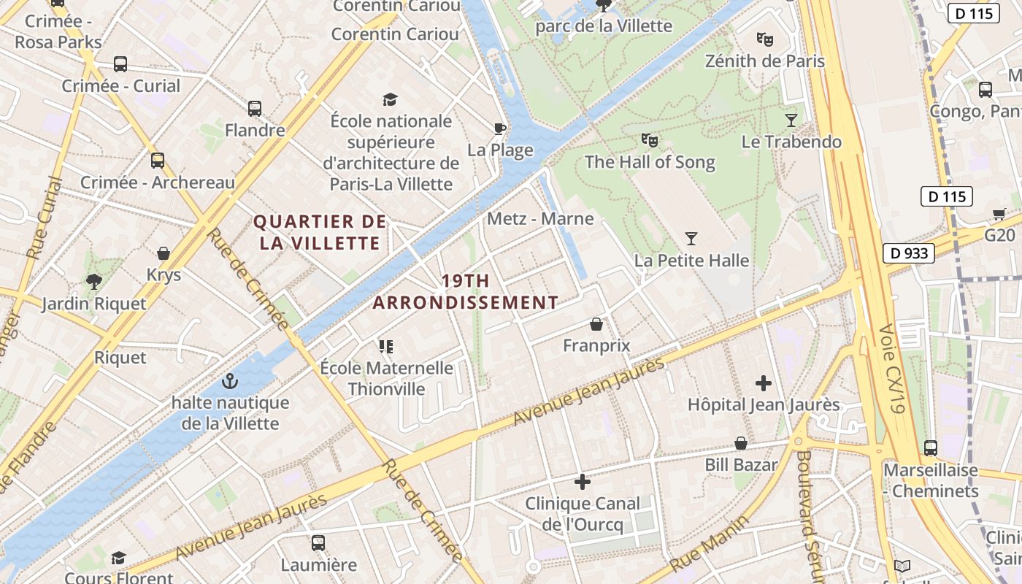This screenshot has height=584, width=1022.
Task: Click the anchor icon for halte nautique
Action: tap(230, 381)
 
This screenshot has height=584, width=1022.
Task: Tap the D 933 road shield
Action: tap(909, 253)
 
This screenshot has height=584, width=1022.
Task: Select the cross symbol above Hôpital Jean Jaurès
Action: tap(764, 383)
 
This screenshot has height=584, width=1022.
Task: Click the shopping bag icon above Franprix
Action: tap(596, 324)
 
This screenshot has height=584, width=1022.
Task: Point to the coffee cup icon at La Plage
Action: tap(499, 129)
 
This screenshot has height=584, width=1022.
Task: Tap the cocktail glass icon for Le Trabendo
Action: tap(791, 120)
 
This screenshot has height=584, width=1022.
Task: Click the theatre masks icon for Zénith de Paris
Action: tap(764, 39)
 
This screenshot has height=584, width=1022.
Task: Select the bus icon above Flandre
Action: tap(254, 109)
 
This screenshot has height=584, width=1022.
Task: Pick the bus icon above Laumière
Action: tap(318, 543)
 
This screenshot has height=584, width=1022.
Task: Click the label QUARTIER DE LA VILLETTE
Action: tap(319, 232)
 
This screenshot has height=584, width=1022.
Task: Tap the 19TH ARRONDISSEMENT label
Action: tap(466, 291)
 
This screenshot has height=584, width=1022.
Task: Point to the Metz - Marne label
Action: tap(540, 218)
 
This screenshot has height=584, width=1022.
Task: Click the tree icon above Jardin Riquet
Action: tap(93, 282)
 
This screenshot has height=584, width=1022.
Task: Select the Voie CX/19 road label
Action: tap(892, 369)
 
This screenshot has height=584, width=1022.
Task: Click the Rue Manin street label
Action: tap(710, 545)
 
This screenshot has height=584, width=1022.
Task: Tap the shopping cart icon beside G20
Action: tap(999, 214)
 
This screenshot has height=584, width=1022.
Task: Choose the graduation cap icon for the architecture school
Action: tap(391, 99)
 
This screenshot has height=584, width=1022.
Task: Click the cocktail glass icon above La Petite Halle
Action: tap(691, 239)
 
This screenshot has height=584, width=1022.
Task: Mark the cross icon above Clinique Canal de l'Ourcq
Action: tap(583, 482)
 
